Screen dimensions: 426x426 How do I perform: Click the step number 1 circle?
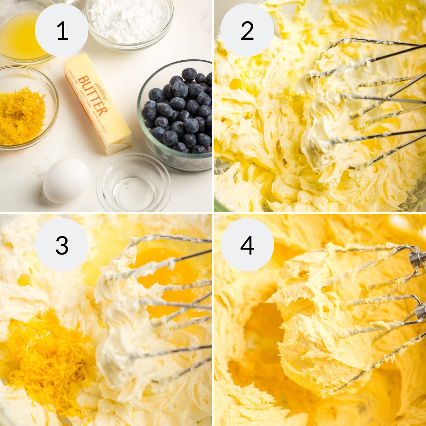click(62, 31)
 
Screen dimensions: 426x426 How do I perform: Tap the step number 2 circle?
click(247, 31)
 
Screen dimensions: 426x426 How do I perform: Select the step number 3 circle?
click(62, 245)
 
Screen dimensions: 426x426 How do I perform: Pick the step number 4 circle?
click(247, 245)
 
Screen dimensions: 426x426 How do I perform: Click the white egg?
click(66, 180)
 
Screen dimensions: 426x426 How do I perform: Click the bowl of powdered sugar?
click(129, 21)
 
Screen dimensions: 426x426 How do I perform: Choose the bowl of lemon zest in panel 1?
click(23, 114)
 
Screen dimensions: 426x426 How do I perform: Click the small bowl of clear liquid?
click(133, 183)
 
